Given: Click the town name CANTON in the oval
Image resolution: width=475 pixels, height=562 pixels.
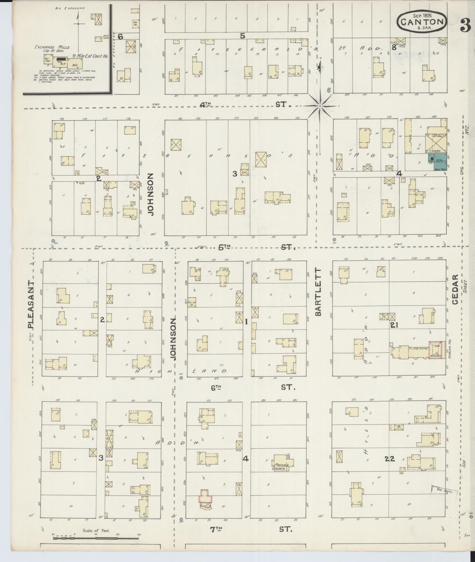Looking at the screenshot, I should point(422,21).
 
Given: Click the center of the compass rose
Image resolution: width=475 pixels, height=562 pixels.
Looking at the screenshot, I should point(320,106).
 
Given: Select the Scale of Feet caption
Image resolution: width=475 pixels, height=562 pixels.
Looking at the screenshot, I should point(96,531).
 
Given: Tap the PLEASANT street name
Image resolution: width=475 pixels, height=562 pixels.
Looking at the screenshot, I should point(31,305).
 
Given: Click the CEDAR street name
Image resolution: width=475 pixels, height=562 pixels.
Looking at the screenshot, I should point(455,289).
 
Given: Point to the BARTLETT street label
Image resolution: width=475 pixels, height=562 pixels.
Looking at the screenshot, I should point(318,292).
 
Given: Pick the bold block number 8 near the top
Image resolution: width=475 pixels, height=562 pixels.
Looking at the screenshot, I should point(394,47).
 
